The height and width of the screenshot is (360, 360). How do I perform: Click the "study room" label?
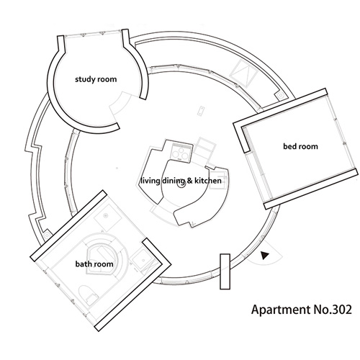click(x=96, y=79)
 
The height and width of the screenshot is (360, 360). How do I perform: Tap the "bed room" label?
click(x=300, y=146)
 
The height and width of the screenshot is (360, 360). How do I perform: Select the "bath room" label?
click(x=94, y=264)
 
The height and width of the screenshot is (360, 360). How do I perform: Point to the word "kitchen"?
click(x=208, y=181)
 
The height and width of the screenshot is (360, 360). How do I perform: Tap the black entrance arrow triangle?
click(x=264, y=256)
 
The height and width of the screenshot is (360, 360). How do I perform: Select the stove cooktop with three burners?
click(x=181, y=152)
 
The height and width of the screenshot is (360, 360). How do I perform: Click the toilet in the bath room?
click(x=89, y=296)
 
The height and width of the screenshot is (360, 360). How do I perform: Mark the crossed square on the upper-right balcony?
click(x=243, y=73)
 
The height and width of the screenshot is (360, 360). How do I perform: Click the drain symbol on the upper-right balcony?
click(x=281, y=96)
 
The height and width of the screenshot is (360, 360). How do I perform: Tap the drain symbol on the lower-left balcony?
click(x=47, y=235)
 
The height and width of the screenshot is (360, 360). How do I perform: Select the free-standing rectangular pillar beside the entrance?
click(x=225, y=271)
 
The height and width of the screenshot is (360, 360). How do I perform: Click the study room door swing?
click(x=120, y=105)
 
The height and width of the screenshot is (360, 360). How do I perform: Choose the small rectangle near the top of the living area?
click(x=201, y=111)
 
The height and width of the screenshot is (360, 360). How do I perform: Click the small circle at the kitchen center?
click(x=181, y=185)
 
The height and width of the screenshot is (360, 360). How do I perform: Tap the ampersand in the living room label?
click(x=189, y=181)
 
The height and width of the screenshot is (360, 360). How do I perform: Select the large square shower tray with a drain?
click(x=107, y=217)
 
